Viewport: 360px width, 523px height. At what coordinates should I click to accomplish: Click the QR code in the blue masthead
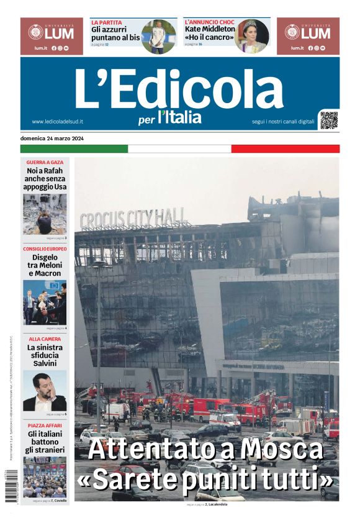(329, 120)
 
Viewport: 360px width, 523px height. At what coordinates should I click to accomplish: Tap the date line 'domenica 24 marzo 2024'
(52, 138)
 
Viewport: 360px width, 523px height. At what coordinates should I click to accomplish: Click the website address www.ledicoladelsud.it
(58, 122)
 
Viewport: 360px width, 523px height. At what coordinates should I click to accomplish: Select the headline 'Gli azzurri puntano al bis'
(115, 33)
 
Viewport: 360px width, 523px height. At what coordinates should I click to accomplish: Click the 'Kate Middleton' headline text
(210, 29)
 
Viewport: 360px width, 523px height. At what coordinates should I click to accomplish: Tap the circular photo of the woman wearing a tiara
(252, 36)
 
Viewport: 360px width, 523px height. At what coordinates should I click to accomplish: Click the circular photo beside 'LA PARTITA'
(159, 37)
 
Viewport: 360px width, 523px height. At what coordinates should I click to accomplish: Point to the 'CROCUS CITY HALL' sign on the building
(133, 219)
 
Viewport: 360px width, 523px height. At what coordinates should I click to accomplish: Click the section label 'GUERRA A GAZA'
(45, 162)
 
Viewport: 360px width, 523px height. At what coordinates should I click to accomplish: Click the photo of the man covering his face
(45, 391)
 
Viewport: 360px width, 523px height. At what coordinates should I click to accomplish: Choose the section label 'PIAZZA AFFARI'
(45, 425)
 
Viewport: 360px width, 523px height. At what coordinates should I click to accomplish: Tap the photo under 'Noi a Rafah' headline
(45, 214)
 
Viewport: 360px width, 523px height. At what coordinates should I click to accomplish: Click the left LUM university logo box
(52, 36)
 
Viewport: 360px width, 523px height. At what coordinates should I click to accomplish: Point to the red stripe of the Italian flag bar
(285, 149)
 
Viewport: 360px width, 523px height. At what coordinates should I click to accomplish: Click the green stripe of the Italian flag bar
(74, 149)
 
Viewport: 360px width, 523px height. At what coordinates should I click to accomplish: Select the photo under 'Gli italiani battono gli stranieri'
(45, 476)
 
